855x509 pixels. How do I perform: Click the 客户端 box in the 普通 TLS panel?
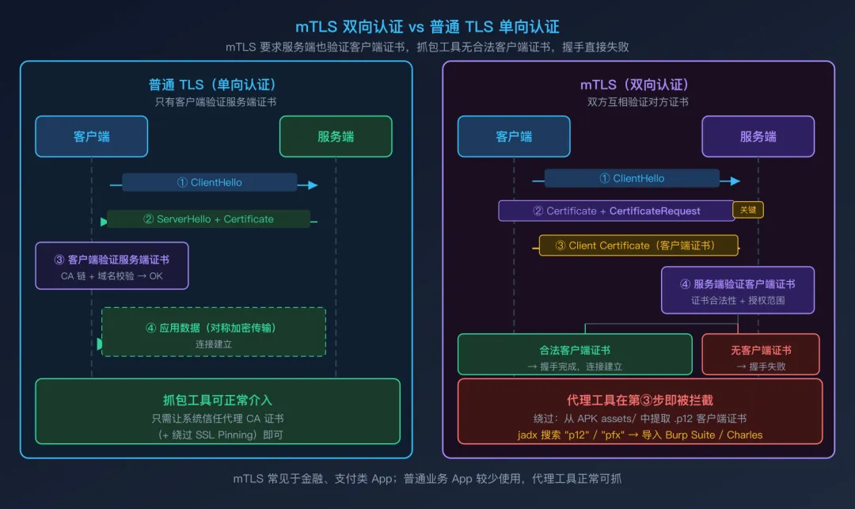tap(91, 136)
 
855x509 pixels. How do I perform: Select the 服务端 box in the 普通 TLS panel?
tap(336, 136)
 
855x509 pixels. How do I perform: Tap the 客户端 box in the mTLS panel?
tap(514, 136)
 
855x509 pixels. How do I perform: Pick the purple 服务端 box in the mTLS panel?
tap(758, 136)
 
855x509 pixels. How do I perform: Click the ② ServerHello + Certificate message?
tap(209, 219)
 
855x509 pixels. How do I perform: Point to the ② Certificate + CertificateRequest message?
tap(616, 211)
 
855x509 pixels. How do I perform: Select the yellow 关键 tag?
tap(748, 210)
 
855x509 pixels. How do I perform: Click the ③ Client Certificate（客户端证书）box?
tap(638, 245)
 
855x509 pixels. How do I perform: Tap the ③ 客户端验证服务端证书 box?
tap(112, 266)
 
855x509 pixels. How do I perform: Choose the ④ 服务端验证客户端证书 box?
tap(738, 291)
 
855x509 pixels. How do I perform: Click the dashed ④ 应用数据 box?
tap(213, 332)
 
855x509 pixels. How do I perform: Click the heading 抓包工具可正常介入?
tap(217, 400)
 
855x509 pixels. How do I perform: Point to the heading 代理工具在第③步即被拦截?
tap(640, 400)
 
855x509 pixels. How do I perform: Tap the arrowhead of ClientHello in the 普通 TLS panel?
tap(313, 185)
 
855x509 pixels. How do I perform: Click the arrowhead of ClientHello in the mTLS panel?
tap(735, 181)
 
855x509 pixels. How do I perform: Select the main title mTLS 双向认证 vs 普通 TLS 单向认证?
tap(427, 27)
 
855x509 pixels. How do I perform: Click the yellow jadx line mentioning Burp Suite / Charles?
tap(640, 435)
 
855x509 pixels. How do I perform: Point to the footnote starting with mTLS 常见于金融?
tap(427, 479)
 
